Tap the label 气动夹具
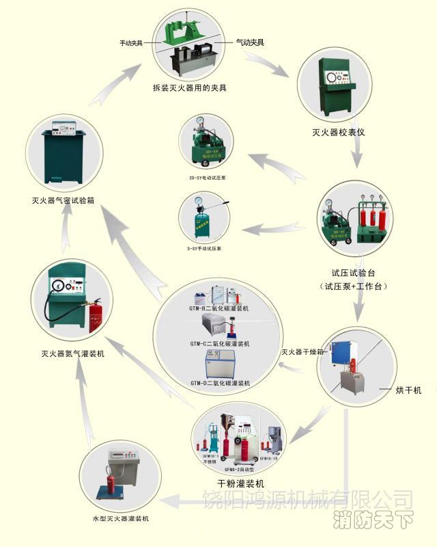249,42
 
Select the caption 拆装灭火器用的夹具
189,88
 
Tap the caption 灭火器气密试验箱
64,201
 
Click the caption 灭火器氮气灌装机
72,354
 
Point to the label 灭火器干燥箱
299,353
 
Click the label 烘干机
408,390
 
